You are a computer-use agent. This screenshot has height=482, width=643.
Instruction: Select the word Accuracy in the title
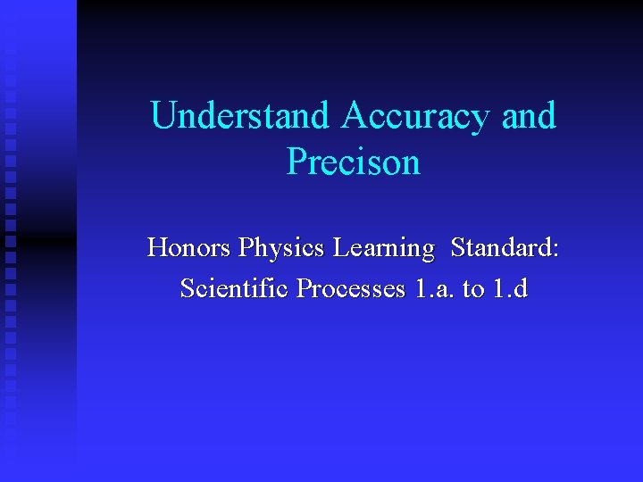click(x=416, y=116)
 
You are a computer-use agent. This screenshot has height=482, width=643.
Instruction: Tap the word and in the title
click(x=529, y=116)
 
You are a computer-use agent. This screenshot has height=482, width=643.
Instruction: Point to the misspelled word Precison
click(x=353, y=162)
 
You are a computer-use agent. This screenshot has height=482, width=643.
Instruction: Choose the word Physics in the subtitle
click(x=277, y=247)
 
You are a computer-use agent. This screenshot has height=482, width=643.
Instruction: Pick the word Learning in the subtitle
click(x=383, y=247)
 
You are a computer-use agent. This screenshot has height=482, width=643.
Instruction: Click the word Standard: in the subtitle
click(x=505, y=247)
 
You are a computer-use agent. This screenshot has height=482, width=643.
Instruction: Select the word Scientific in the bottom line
click(x=236, y=289)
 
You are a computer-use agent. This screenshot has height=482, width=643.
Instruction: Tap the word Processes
click(x=351, y=289)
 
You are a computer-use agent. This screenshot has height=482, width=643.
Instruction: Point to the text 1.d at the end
click(x=512, y=289)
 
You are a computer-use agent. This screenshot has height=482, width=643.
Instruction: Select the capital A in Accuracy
click(x=355, y=116)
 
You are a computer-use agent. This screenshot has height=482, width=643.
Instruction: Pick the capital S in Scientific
click(x=187, y=289)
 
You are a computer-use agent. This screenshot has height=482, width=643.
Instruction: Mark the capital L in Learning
click(x=341, y=247)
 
